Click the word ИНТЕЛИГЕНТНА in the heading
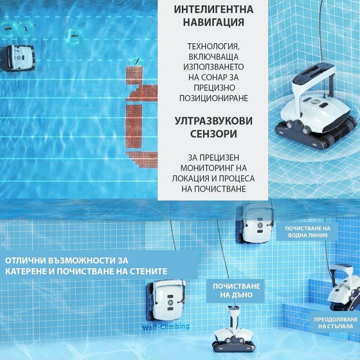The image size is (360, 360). coord(213,9)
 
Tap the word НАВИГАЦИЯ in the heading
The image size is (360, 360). coord(213,22)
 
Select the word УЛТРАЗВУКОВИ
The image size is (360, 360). coord(213,121)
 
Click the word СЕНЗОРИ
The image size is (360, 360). coord(213,134)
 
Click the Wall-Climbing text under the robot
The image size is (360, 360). coord(166,327)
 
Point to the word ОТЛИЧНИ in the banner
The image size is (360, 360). coord(25,261)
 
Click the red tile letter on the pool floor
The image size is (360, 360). coord(140,112)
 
